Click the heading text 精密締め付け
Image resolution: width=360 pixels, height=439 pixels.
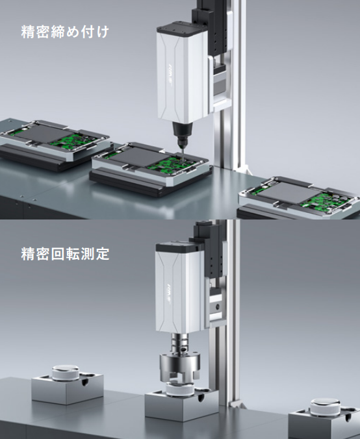pos(65,32)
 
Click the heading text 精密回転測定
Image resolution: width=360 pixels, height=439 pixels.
pos(65,254)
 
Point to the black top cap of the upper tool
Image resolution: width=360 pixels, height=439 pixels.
pos(182,29)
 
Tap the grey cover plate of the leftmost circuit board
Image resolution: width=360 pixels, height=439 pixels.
pos(44,133)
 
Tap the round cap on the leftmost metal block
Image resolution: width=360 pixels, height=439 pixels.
pos(66,373)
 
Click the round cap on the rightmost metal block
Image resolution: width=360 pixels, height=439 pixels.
pos(326,406)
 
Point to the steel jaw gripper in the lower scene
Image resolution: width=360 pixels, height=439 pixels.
pos(180,367)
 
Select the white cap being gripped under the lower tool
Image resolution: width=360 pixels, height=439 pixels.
pos(179,389)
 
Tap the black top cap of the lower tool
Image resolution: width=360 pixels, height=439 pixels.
pos(177,247)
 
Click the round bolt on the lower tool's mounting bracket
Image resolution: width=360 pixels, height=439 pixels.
pos(216,307)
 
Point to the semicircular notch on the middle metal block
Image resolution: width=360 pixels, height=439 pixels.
pos(201,397)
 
